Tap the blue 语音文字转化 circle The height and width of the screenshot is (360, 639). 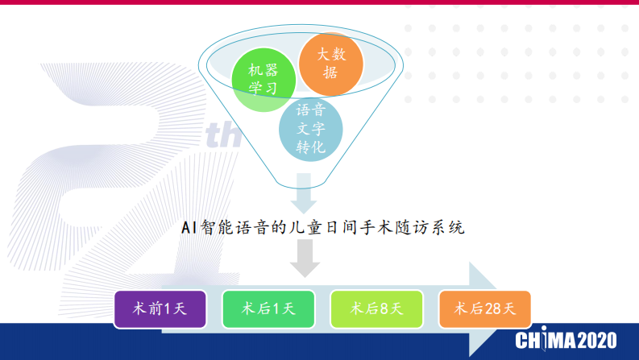point(310,128)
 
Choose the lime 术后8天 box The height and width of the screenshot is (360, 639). point(376,308)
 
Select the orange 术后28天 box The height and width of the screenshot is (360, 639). point(484,308)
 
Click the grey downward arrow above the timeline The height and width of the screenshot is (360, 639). point(305,257)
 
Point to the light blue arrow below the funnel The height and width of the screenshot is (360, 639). point(305,195)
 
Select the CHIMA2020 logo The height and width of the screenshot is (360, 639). point(566,338)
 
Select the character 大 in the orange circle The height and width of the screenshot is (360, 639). point(322,55)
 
